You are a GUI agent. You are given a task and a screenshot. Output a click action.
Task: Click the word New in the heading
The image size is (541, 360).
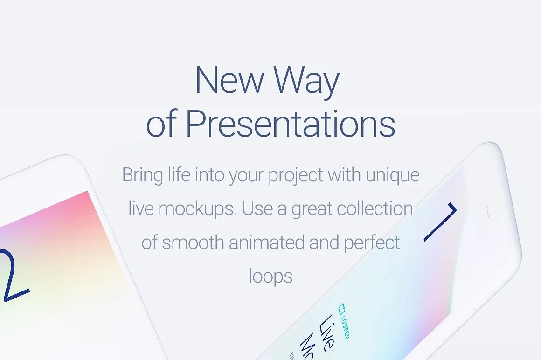pyautogui.click(x=229, y=80)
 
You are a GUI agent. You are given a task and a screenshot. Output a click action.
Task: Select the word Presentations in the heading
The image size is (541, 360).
pyautogui.click(x=290, y=124)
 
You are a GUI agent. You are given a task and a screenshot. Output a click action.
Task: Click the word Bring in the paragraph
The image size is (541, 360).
pyautogui.click(x=142, y=176)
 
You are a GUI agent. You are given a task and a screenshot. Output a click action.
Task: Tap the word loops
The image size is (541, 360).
pyautogui.click(x=270, y=277)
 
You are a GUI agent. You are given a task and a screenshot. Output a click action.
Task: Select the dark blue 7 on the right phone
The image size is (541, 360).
pyautogui.click(x=441, y=221)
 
